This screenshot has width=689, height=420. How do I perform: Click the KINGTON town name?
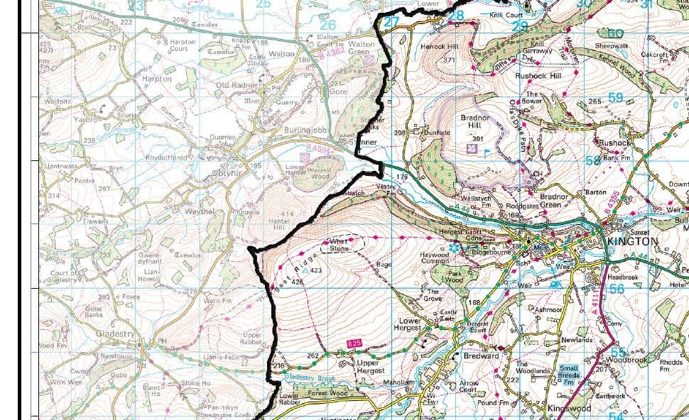(633, 241)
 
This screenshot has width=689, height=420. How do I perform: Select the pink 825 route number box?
(354, 344)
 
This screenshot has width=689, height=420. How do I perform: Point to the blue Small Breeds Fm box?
(569, 374)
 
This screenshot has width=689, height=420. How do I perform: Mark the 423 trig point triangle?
(306, 270)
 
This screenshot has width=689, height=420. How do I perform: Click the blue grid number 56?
(617, 289)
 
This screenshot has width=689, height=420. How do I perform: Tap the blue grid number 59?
(614, 98)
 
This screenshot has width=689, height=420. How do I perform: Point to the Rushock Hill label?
(538, 75)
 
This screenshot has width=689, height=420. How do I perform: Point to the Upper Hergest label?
(369, 367)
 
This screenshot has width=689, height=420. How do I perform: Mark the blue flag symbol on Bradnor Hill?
(486, 151)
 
